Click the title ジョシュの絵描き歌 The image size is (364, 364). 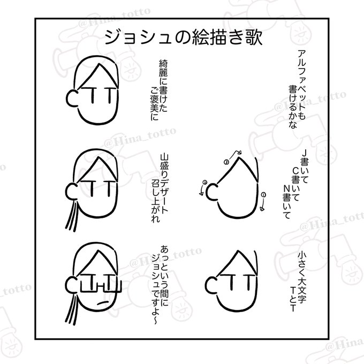click(x=184, y=37)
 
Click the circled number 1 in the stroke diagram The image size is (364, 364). click(x=263, y=195)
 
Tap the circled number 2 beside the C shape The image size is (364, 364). click(x=204, y=182)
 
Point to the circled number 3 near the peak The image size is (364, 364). click(x=226, y=162)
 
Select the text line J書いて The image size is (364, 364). click(x=305, y=166)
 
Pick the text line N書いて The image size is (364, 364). click(x=287, y=202)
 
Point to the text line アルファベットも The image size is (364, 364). click(x=301, y=85)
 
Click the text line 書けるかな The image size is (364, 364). click(x=292, y=107)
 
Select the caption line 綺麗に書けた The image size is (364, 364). click(x=163, y=86)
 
